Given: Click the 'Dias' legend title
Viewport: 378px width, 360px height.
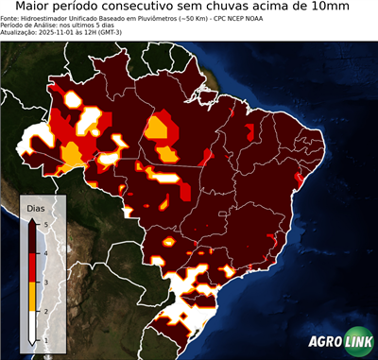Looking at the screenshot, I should tap(36, 207).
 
